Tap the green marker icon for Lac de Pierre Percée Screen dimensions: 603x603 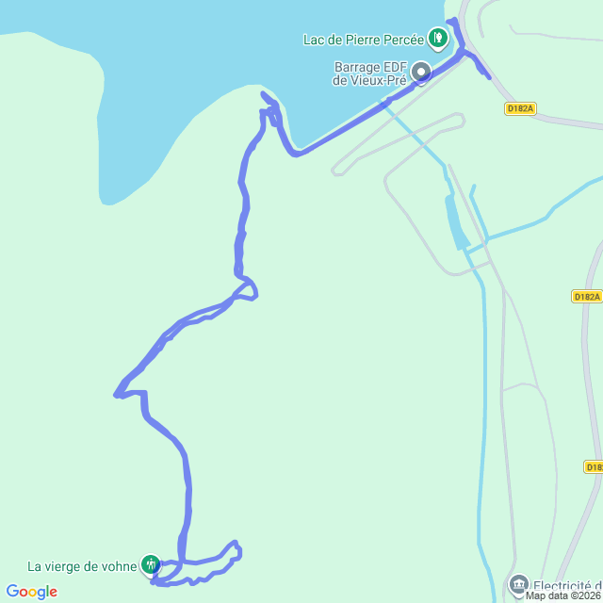click(437, 38)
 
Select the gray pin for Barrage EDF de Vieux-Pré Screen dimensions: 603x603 click(420, 72)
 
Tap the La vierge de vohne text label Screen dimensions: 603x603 click(82, 566)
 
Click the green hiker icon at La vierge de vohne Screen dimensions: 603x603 click(150, 565)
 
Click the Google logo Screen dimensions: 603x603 click(31, 592)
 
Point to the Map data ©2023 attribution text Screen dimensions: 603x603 click(562, 595)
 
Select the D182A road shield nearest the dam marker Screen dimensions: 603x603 click(519, 109)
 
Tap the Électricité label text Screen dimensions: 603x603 click(568, 584)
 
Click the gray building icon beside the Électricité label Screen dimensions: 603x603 click(519, 585)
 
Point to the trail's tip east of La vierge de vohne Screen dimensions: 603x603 click(236, 547)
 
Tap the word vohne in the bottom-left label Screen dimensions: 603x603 click(119, 566)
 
